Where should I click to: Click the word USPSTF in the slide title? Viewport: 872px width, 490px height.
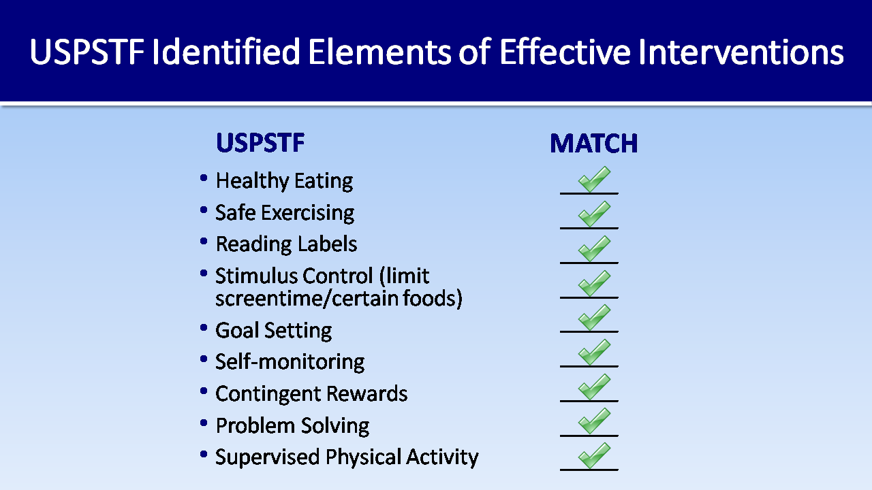[87, 51]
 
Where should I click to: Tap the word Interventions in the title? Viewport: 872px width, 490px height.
[741, 51]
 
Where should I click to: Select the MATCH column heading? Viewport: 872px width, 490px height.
[593, 144]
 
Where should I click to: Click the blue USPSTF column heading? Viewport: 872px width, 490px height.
[260, 143]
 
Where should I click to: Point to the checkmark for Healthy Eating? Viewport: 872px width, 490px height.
[594, 179]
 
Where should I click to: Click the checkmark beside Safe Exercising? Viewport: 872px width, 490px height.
[594, 214]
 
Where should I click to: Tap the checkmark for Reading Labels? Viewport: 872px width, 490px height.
[594, 248]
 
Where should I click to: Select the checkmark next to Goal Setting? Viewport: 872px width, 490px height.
[594, 317]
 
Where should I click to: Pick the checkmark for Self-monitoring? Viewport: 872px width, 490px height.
[594, 352]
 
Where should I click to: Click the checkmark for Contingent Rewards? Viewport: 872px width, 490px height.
[594, 387]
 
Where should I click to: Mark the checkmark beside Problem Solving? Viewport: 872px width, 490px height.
[594, 421]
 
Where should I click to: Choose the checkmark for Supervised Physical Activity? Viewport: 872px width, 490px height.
[594, 455]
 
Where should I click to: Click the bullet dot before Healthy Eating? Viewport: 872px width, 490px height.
[203, 178]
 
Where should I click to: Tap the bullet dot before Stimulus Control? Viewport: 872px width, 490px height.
[203, 273]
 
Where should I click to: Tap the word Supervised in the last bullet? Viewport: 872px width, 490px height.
[268, 457]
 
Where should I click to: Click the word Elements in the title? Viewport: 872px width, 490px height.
[380, 51]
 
